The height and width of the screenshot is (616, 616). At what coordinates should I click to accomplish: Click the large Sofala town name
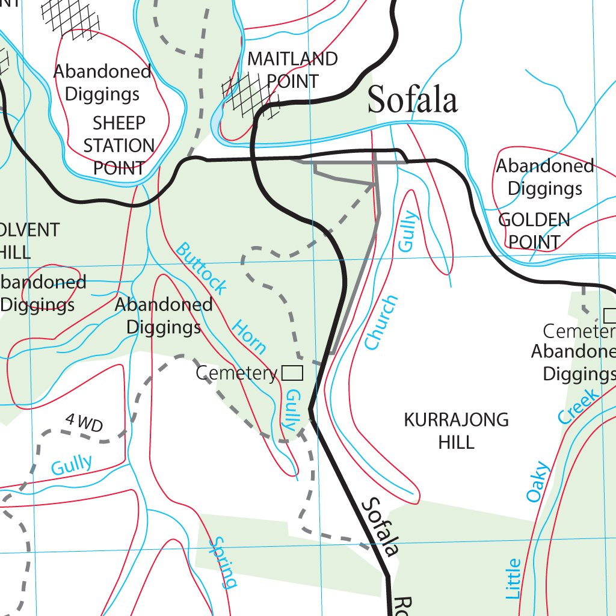[413, 99]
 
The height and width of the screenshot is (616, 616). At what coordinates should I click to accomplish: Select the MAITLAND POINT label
[292, 70]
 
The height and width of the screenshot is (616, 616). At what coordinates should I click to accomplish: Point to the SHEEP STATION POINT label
[119, 146]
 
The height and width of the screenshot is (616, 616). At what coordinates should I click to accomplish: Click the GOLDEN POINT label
[534, 230]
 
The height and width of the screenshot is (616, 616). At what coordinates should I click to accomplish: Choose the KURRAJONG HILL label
[456, 430]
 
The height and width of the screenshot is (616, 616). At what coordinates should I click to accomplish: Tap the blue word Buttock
[202, 268]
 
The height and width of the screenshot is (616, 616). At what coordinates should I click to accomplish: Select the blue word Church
[381, 322]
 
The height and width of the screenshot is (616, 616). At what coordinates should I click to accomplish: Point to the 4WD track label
[84, 423]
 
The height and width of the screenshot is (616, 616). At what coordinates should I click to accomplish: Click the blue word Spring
[221, 562]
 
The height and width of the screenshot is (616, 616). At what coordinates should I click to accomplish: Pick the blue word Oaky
[538, 481]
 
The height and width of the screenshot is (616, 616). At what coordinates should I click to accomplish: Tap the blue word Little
[513, 579]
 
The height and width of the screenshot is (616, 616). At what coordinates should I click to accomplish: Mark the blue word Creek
[578, 406]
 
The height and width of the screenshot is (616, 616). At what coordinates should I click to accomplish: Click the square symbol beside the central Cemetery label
[292, 374]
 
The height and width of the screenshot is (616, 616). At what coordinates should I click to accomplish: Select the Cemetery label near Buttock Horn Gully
[236, 374]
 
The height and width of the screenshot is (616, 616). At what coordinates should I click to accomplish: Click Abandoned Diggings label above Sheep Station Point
[102, 82]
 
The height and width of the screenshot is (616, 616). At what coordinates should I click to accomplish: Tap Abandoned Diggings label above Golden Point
[545, 177]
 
